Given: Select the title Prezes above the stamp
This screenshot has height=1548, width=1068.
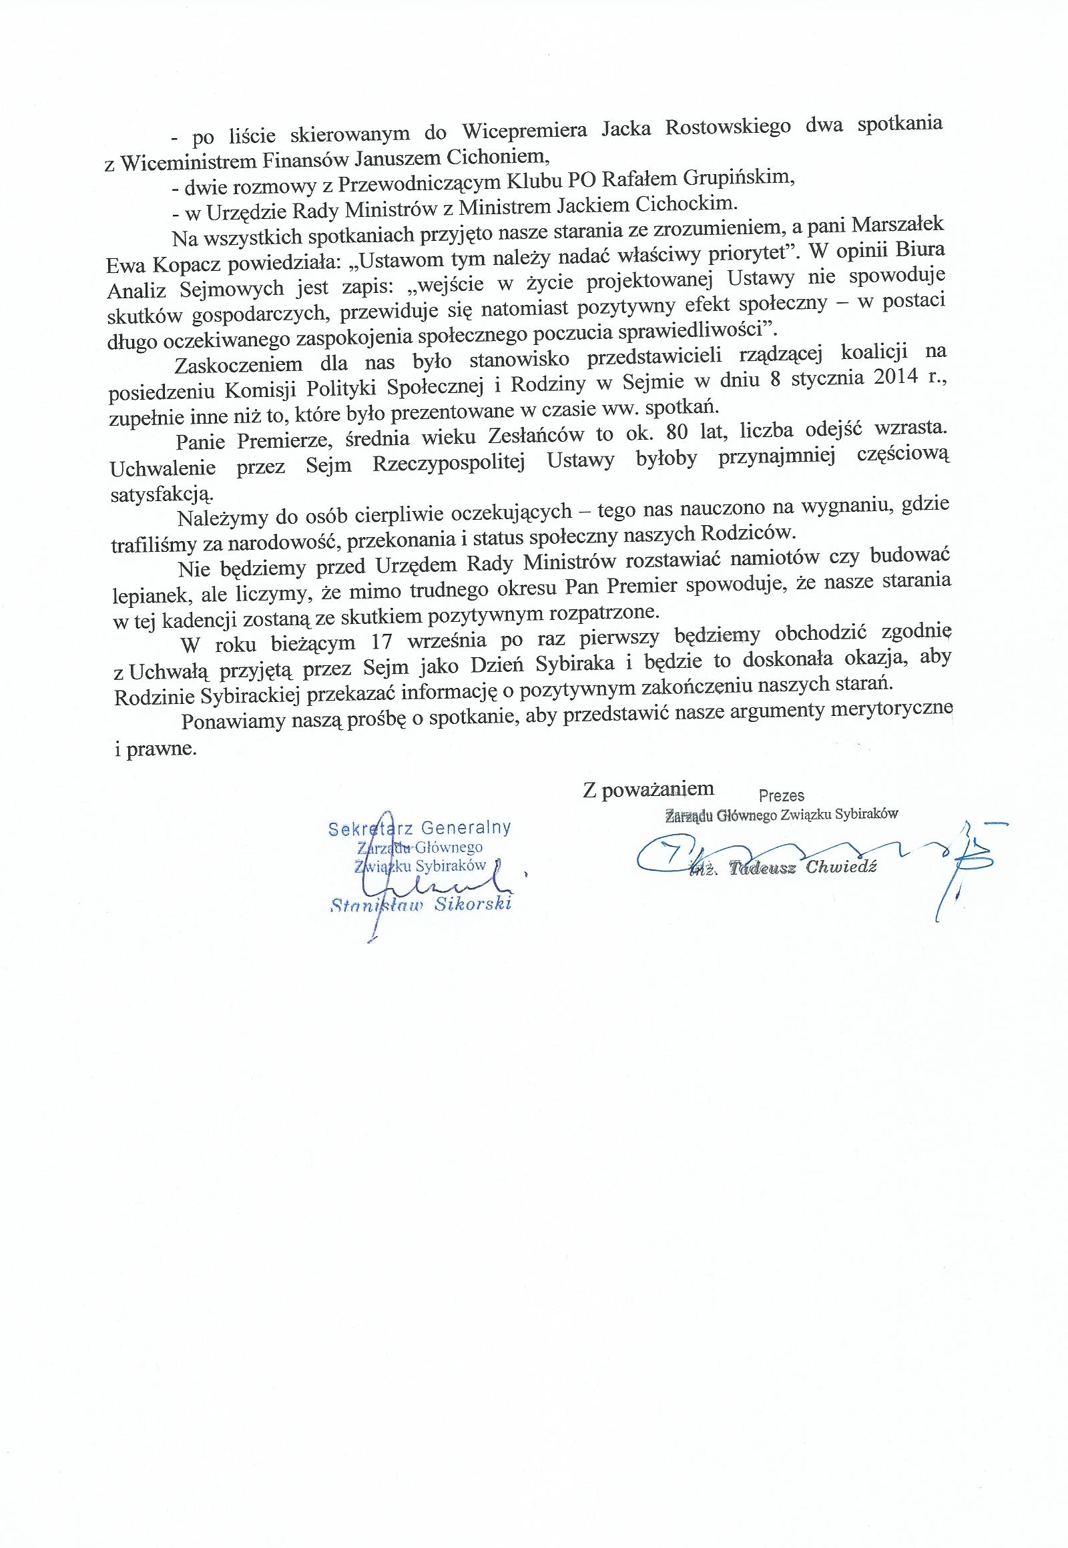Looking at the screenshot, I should (x=782, y=796).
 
